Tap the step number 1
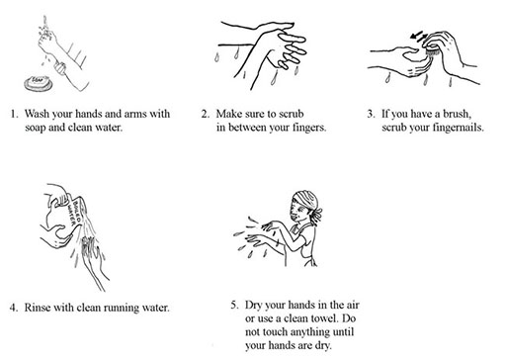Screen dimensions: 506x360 (x=14, y=114)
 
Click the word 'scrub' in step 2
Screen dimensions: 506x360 (x=292, y=114)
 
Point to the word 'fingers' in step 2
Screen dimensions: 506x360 (x=309, y=128)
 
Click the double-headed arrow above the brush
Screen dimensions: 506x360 (x=419, y=36)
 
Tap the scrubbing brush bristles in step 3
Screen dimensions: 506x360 (x=432, y=51)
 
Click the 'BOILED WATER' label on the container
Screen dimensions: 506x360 (x=74, y=212)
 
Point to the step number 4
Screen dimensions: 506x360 (x=14, y=308)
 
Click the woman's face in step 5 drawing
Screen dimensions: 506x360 (x=296, y=212)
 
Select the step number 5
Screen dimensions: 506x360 (x=234, y=305)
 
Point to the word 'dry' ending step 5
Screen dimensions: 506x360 (x=323, y=346)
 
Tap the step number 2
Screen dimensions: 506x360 (x=206, y=114)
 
